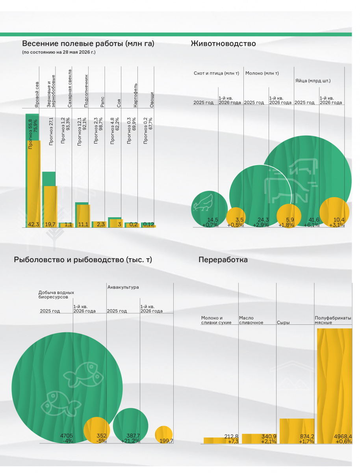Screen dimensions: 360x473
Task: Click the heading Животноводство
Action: point(223,43)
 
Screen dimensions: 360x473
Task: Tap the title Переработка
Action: point(223,260)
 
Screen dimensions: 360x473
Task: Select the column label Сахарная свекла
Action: point(70,88)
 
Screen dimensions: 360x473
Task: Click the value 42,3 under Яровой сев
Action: point(33,224)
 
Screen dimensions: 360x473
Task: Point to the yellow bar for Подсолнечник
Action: point(84,216)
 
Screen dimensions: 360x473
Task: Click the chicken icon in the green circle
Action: point(203,203)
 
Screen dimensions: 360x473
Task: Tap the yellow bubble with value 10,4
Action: point(334,212)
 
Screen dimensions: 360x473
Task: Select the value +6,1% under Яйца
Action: point(311,225)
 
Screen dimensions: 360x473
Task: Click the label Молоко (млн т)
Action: point(262,73)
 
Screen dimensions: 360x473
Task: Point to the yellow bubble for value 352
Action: point(96,430)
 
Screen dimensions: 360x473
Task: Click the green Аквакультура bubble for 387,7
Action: point(130,426)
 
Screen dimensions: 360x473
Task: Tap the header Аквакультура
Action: point(123,287)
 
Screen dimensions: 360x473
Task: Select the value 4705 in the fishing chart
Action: point(66,436)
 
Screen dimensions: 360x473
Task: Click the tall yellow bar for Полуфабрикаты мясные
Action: point(334,386)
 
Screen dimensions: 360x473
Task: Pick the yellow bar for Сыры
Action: point(297,431)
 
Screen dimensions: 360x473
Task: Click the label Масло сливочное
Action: point(251,320)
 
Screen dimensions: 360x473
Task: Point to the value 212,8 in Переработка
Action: point(231,436)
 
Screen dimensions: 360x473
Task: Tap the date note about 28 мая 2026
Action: point(59,52)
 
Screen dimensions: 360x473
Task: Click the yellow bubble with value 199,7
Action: point(163,435)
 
